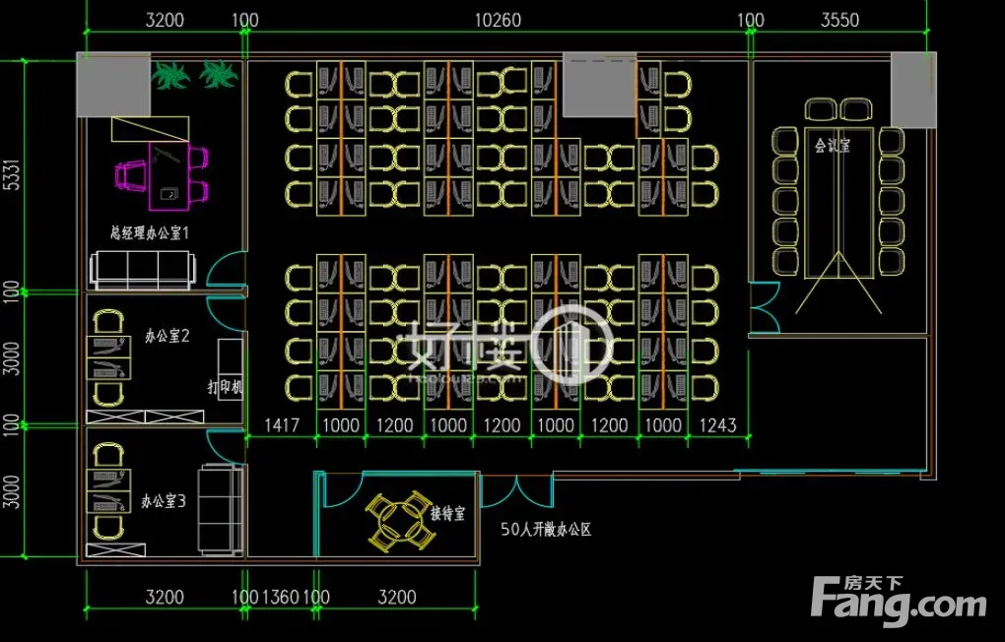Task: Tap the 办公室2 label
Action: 166,336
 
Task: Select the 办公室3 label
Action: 164,501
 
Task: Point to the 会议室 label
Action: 833,145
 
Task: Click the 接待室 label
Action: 448,513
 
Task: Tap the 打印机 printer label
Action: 226,387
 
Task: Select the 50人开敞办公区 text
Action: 545,530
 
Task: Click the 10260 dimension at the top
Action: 499,20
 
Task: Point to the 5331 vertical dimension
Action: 12,175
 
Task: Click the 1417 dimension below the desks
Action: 281,425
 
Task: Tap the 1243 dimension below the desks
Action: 717,425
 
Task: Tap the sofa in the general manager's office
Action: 141,268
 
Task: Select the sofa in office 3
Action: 219,509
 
